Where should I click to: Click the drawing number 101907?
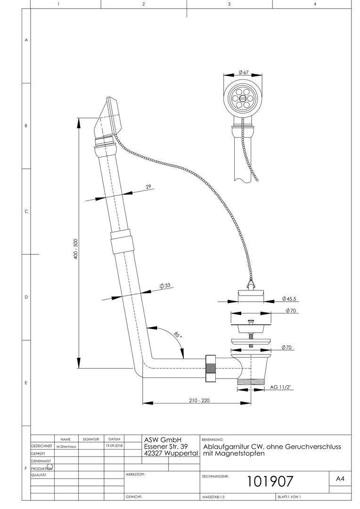click(270, 481)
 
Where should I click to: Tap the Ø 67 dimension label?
click(244, 72)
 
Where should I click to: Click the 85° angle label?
click(177, 336)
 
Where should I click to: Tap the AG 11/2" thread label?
click(281, 387)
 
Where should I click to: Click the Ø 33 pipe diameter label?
click(164, 286)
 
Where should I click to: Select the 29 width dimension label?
click(148, 187)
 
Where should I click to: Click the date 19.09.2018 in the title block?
click(114, 445)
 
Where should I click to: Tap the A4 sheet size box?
click(340, 478)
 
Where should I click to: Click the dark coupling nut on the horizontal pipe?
click(211, 367)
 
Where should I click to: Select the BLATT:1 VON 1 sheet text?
click(289, 497)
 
